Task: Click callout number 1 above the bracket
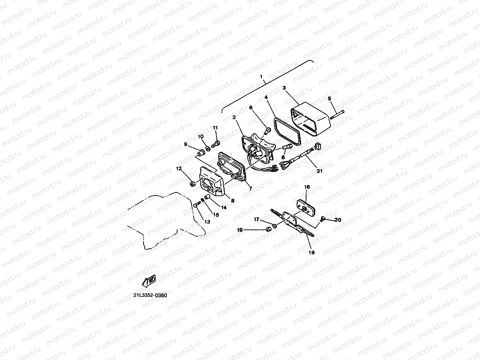(261, 76)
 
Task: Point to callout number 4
(266, 97)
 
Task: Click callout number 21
(319, 171)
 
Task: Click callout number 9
(185, 145)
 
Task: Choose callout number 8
(232, 201)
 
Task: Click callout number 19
(311, 253)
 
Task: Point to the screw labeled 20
(323, 218)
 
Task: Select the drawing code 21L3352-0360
(150, 295)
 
